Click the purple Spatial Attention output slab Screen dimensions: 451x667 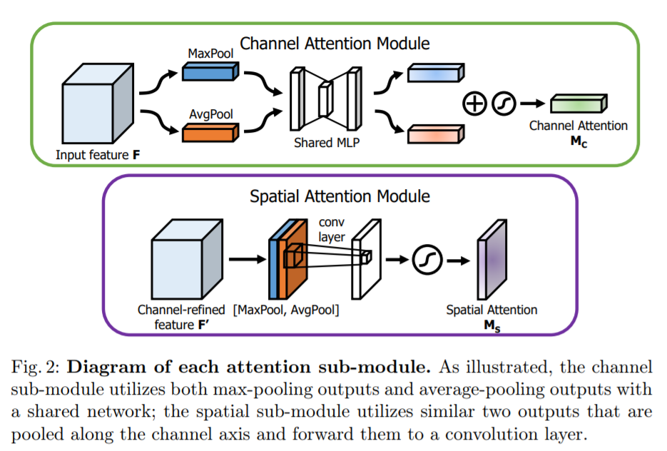point(492,260)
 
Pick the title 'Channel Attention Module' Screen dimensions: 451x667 point(335,43)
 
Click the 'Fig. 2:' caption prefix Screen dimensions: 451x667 point(38,368)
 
